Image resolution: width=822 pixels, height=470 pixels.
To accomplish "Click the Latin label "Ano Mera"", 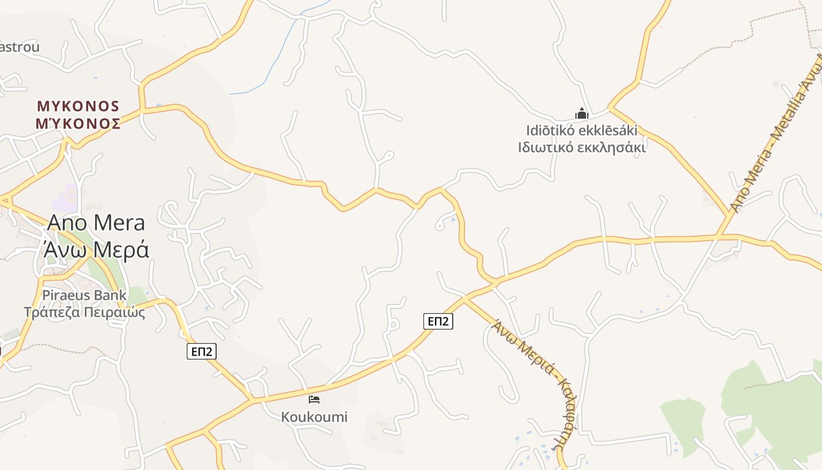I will [x=96, y=223].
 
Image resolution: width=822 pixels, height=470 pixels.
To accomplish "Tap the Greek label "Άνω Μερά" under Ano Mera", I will [x=96, y=249].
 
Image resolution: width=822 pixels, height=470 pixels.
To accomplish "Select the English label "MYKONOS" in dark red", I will [x=78, y=106].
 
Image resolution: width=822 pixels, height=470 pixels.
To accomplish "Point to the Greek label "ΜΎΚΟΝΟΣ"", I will [x=78, y=124].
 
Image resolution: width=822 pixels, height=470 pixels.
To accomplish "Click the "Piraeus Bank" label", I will [x=84, y=295].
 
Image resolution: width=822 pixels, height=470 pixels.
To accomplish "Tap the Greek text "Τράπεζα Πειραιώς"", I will [x=84, y=312].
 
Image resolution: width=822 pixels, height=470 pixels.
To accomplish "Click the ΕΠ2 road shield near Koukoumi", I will [x=201, y=351].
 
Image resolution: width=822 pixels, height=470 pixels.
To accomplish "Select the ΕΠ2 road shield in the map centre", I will [x=438, y=321].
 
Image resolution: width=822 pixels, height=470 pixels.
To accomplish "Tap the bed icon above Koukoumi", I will [x=314, y=400].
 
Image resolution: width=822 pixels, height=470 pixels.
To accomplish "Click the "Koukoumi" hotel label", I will [x=314, y=417].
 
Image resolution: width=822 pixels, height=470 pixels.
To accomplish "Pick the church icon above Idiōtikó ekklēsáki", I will [x=581, y=113].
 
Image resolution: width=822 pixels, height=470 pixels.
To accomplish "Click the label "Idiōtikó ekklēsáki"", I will [x=581, y=130].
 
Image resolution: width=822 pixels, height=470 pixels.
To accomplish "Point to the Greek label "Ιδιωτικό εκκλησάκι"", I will [x=581, y=147].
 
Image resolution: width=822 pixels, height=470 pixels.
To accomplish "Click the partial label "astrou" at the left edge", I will [x=19, y=47].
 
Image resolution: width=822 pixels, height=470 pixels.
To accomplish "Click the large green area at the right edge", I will [x=775, y=405].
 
